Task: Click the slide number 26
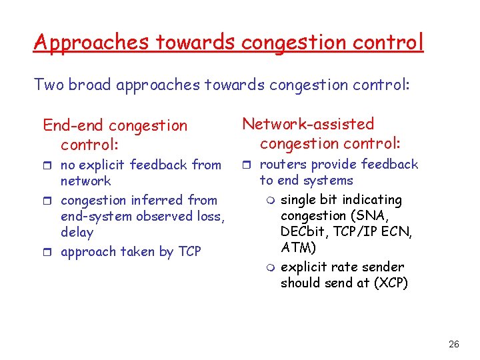tap(454, 344)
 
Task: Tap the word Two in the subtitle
tap(47, 85)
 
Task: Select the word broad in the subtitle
tap(89, 85)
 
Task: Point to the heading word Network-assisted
tap(308, 124)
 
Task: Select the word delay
tap(77, 232)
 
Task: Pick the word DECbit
tap(304, 231)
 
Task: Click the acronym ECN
tap(397, 231)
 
